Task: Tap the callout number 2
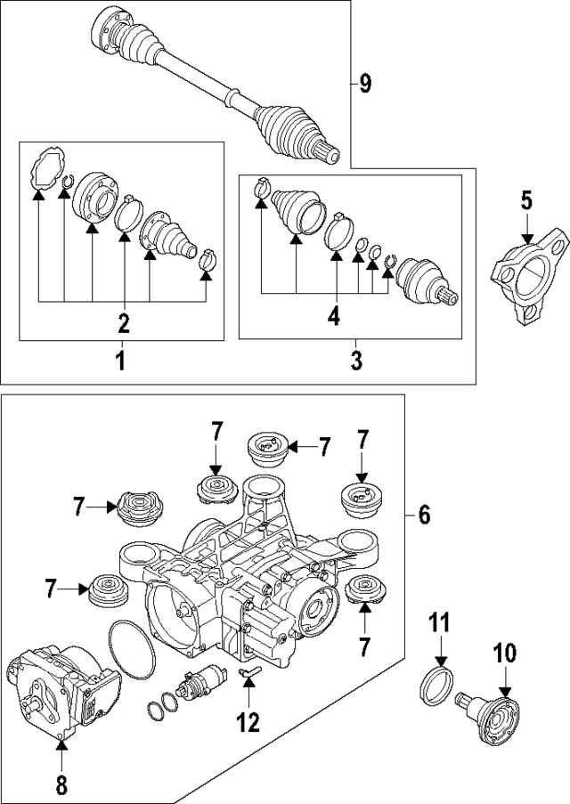[124, 322]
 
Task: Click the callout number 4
[332, 316]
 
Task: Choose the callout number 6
[424, 514]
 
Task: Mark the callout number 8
[61, 786]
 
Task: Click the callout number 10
[505, 654]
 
